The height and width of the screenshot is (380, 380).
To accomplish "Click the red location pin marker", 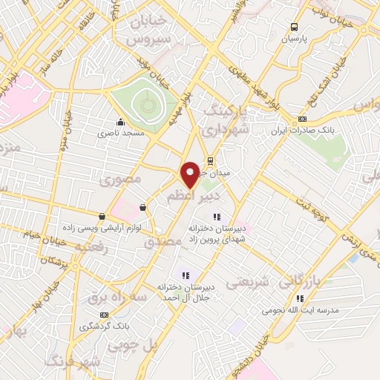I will pos(190,174).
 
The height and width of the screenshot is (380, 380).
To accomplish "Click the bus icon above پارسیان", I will pos(295,24).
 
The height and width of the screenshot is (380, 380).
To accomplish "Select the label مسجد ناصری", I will pos(120,134).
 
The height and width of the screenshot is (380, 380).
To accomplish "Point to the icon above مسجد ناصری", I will pos(119,123).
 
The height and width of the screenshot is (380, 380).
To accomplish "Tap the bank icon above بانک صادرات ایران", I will pos(302,119).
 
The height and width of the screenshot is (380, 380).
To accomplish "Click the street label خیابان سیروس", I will pos(154,29).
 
